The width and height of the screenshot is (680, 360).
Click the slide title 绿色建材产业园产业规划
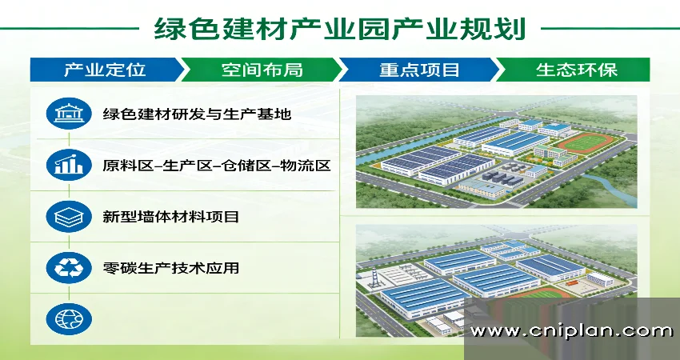(339, 29)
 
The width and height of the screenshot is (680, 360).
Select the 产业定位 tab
(106, 70)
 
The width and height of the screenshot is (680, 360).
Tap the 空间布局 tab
(262, 70)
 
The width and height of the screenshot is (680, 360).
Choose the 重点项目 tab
(419, 70)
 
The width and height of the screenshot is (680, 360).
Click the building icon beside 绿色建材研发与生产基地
(69, 114)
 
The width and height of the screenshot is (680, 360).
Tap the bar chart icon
(69, 165)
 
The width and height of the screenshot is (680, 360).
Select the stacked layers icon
(69, 217)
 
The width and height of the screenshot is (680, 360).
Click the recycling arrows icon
(69, 268)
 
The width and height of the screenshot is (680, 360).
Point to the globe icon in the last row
(69, 319)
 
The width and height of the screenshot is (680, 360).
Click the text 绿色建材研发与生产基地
(197, 114)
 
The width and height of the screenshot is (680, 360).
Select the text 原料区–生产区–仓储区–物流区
(217, 166)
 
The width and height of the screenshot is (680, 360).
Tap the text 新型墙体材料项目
(171, 217)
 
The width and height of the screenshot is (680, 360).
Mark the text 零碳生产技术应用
(171, 268)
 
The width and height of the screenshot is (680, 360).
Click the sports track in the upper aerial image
(586, 142)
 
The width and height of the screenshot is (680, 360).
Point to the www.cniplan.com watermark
(571, 331)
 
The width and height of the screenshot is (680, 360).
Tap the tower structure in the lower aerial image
(374, 278)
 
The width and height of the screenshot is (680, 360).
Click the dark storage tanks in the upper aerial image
(502, 178)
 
